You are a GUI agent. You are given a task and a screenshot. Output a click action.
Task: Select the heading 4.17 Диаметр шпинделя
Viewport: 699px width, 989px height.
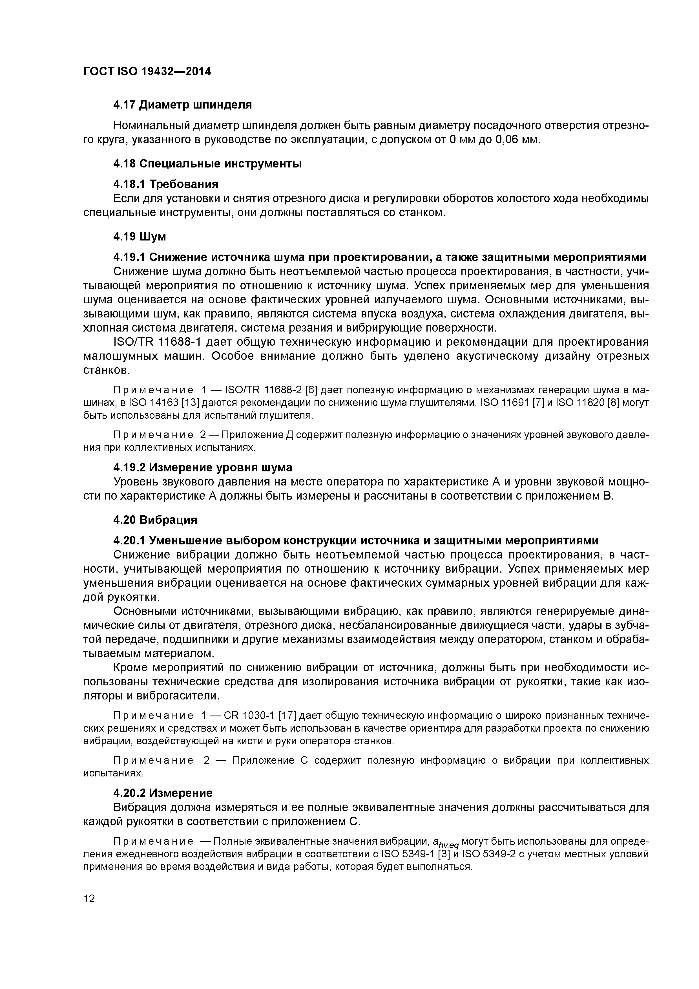click(x=182, y=105)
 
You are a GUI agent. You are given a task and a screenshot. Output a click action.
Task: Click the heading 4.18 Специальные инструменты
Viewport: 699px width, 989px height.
click(x=207, y=164)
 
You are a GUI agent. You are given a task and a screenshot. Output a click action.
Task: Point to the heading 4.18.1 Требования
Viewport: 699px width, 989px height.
click(x=165, y=184)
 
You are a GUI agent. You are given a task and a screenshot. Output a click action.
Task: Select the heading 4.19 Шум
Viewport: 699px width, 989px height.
click(x=140, y=237)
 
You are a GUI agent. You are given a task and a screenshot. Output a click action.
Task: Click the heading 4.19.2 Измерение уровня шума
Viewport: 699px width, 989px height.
click(x=202, y=467)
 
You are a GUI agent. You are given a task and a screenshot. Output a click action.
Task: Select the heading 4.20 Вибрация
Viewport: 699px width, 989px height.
click(x=155, y=520)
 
